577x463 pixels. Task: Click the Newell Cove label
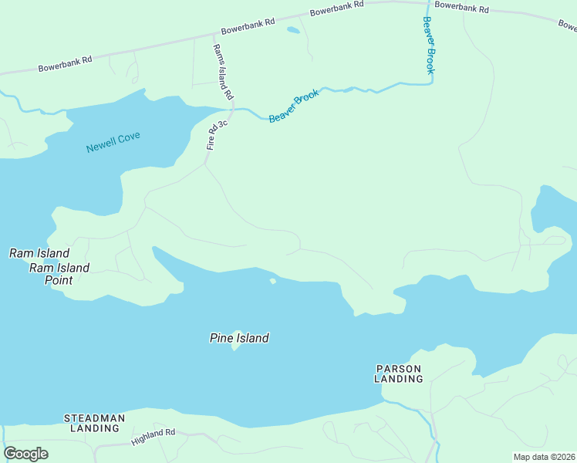[113, 143]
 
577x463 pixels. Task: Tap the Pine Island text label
[239, 338]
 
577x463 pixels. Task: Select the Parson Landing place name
[399, 373]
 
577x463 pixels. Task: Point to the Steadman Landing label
[94, 423]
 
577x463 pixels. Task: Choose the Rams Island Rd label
[223, 72]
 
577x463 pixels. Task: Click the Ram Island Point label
[59, 274]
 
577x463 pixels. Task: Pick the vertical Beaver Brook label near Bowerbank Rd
[429, 45]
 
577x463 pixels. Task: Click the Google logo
[25, 454]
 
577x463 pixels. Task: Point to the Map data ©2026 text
[545, 457]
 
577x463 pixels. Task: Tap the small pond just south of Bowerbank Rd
[293, 31]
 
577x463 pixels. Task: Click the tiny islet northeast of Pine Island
[272, 281]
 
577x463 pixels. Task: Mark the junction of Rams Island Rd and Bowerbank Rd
[213, 35]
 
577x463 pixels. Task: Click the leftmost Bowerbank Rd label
[65, 63]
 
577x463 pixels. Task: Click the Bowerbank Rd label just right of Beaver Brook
[461, 8]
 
